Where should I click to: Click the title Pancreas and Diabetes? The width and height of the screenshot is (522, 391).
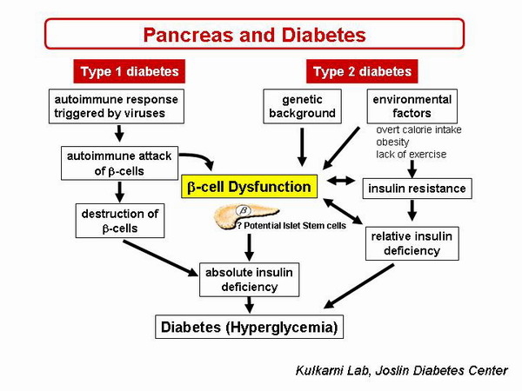[x=254, y=34]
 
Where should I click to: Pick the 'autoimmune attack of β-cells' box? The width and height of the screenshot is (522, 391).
[x=119, y=163]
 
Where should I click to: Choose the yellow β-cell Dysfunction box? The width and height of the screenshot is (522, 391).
[x=248, y=186]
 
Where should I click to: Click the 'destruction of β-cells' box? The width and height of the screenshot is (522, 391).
[x=120, y=222]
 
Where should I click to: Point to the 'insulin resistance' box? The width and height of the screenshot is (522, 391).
[x=417, y=189]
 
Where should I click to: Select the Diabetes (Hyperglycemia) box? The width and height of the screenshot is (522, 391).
[x=247, y=328]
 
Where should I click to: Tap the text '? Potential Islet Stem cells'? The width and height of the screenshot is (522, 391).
[x=291, y=226]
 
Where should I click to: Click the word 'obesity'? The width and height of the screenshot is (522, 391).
[x=392, y=142]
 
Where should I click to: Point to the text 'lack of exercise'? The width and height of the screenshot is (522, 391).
[x=411, y=154]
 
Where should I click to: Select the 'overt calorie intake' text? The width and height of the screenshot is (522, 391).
[x=418, y=129]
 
